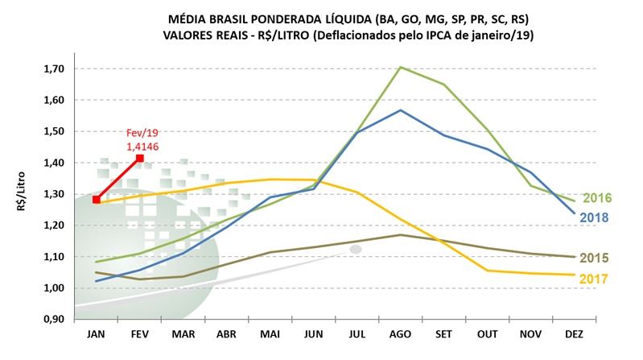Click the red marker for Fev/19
pos(140,159)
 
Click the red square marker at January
pos(96,200)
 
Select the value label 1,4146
pos(142,147)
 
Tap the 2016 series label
pos(596,198)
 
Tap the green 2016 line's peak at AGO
pos(401,67)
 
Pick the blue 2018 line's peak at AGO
pos(401,110)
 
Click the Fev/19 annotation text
pos(142,133)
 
